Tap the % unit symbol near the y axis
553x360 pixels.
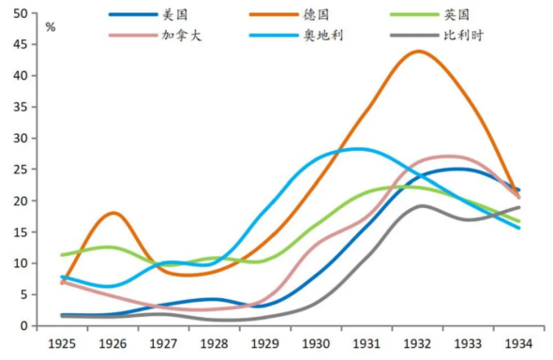click(x=50, y=27)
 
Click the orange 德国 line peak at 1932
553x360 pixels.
click(x=418, y=52)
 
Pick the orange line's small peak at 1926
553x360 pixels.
click(x=112, y=213)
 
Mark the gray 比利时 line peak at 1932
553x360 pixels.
click(x=420, y=205)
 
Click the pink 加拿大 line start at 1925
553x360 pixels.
click(x=63, y=281)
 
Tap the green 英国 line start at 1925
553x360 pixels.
click(x=63, y=255)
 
